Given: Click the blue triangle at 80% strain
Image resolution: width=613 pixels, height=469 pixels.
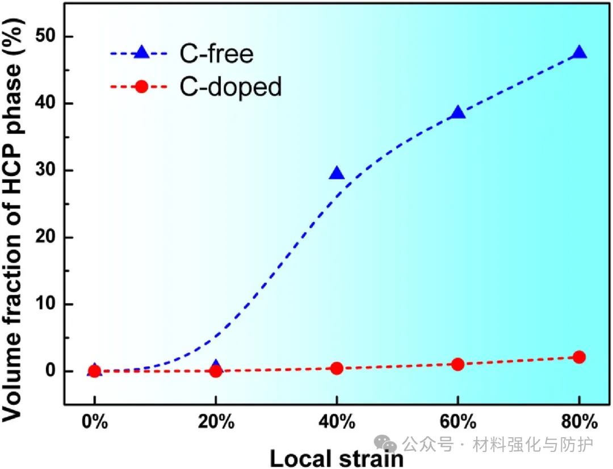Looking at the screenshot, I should (579, 53).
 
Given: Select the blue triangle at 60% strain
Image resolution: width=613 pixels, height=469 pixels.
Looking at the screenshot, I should (458, 112).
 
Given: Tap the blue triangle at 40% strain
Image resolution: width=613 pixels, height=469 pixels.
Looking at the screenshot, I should (337, 173).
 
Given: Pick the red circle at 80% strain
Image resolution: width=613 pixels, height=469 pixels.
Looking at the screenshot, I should (579, 357).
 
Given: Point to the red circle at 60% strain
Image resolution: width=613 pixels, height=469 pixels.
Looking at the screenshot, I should (458, 364).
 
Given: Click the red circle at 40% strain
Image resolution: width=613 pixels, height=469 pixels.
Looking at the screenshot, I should (337, 368).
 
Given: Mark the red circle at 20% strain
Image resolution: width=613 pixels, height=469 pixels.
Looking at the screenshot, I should (216, 371).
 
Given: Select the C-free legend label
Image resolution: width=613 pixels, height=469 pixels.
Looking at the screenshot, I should (216, 54).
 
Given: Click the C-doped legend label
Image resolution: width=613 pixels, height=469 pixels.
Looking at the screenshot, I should (230, 87).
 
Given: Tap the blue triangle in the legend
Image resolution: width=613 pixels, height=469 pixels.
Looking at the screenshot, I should (141, 53).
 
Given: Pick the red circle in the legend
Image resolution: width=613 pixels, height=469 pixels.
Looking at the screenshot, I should (142, 87).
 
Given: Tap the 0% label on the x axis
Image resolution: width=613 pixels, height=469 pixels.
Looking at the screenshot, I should (95, 422).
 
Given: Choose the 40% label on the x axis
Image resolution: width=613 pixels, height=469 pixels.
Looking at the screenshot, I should (337, 422).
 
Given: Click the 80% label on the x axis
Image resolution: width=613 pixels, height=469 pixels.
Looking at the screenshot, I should (579, 422).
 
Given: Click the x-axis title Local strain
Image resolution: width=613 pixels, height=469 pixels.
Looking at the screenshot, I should (337, 458).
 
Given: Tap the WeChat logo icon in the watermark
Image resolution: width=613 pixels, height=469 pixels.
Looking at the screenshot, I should (388, 444).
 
